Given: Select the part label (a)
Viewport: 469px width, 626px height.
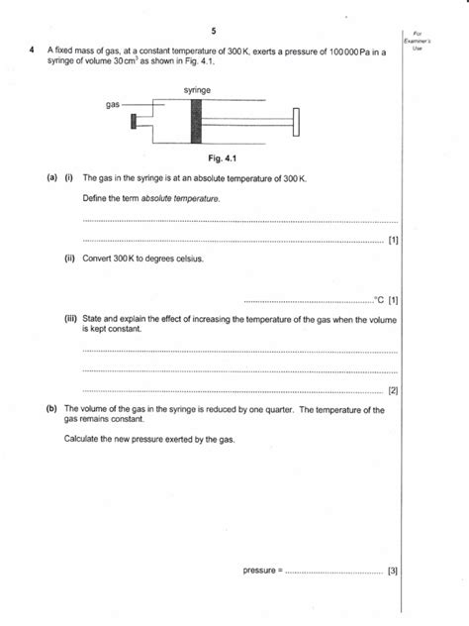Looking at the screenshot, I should tap(50, 178).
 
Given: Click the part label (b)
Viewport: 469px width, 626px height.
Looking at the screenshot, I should tap(50, 408).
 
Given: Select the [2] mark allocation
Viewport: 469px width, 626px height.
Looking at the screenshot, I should tap(393, 389).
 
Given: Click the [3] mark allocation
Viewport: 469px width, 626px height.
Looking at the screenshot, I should tap(393, 571).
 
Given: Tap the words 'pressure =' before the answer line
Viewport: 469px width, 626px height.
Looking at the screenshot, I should tap(262, 571).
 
